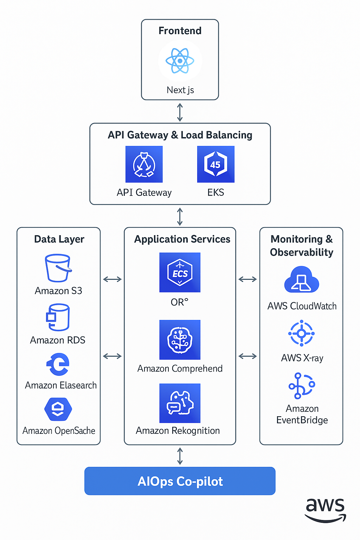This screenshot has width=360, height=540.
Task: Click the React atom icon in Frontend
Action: [x=180, y=61]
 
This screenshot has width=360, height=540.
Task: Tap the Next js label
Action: [x=180, y=90]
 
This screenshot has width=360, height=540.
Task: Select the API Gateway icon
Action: [x=144, y=164]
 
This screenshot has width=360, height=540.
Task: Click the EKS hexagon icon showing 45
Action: [x=216, y=164]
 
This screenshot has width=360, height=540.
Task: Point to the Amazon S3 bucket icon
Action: [x=58, y=268]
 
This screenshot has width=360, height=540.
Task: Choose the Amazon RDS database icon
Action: [x=58, y=317]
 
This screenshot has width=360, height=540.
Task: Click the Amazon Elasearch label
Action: [x=60, y=385]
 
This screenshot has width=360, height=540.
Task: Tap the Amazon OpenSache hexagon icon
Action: [x=58, y=409]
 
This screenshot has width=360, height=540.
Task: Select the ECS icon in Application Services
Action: [x=180, y=272]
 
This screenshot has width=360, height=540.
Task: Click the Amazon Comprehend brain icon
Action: [x=180, y=340]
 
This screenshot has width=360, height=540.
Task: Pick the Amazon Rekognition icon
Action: [x=180, y=403]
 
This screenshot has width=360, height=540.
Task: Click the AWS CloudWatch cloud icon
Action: [x=301, y=280]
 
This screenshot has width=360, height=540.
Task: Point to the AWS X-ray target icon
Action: [x=301, y=333]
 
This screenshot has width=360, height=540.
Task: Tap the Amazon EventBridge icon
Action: [x=301, y=386]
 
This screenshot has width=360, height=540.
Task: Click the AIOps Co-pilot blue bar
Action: [x=180, y=481]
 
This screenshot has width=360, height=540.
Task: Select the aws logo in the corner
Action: [x=325, y=510]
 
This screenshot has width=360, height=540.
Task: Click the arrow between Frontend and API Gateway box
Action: [x=180, y=112]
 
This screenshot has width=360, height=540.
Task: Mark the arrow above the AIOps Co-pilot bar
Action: [x=180, y=456]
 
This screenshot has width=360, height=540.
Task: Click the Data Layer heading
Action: [x=59, y=239]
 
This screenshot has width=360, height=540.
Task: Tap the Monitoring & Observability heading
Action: [x=301, y=245]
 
